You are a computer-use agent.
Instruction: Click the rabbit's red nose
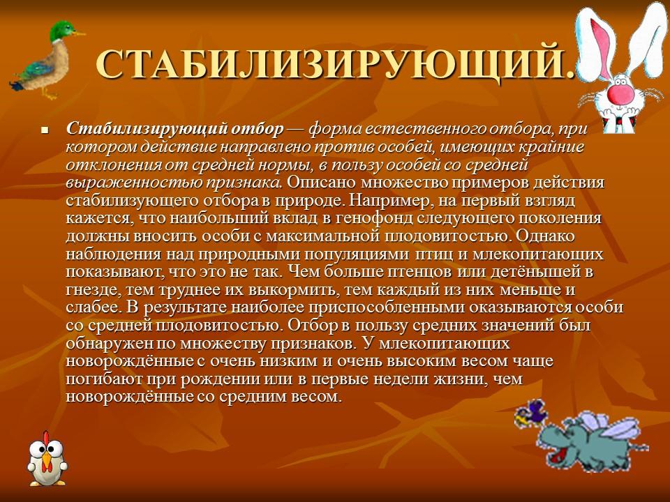pyautogui.click(x=618, y=91)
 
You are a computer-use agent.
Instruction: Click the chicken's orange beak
pyautogui.click(x=46, y=461)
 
